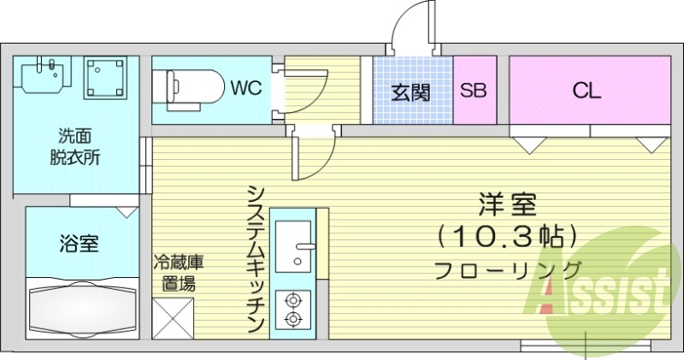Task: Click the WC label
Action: [244, 87]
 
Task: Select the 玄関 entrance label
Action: [411, 91]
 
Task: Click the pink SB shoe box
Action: [475, 91]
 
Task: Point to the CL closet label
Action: [587, 91]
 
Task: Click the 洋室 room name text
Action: [507, 205]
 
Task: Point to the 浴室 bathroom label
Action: [79, 244]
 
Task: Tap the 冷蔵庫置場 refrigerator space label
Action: [178, 273]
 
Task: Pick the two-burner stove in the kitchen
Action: [292, 309]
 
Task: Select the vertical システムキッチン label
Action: [255, 257]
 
